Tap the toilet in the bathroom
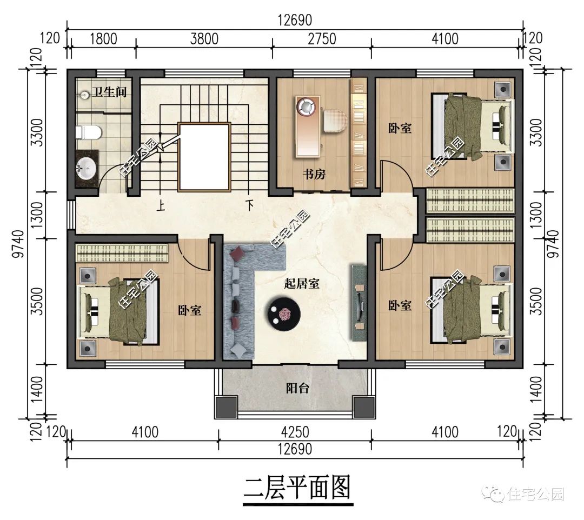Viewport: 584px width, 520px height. click(88, 131)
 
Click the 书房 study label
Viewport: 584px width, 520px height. click(314, 174)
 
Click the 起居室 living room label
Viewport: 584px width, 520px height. click(301, 283)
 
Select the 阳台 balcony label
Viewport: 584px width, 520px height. click(297, 388)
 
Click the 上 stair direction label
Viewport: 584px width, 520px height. click(161, 205)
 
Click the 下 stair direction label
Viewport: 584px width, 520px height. click(249, 205)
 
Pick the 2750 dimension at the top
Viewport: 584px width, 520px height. click(322, 39)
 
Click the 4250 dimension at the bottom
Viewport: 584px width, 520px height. click(295, 432)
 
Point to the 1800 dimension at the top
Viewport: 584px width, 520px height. click(103, 39)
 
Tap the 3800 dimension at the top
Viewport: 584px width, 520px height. click(204, 39)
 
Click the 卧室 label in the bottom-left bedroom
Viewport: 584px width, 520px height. click(190, 311)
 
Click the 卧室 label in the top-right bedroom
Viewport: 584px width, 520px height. click(400, 128)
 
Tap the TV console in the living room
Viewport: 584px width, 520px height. click(359, 302)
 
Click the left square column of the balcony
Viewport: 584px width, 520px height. click(226, 406)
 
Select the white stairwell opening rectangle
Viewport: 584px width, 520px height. click(204, 156)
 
